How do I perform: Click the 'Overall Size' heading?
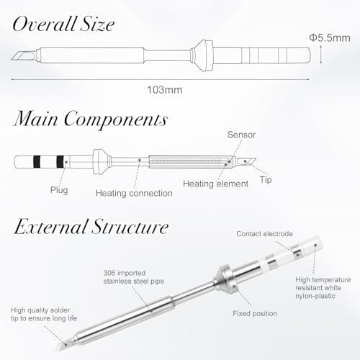(x=63, y=24)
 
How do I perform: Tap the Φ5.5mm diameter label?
(x=330, y=38)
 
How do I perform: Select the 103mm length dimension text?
(x=165, y=90)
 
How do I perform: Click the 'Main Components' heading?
(x=91, y=119)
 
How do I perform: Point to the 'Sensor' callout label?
(x=241, y=135)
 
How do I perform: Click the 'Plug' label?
(x=59, y=190)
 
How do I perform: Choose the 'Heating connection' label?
(x=134, y=193)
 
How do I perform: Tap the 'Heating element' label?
(x=215, y=184)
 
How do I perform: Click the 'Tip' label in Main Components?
(x=266, y=180)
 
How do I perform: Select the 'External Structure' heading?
(x=91, y=227)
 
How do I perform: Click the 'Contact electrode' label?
(x=264, y=234)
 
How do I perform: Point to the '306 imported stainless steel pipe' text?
(x=134, y=277)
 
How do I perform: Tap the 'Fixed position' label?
(x=255, y=313)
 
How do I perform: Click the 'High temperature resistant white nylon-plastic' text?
(x=323, y=288)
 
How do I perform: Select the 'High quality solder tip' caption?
(x=44, y=314)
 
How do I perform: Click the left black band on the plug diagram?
(x=37, y=162)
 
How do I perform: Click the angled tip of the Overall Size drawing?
(x=24, y=55)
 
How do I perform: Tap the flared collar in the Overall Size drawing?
(x=202, y=55)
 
